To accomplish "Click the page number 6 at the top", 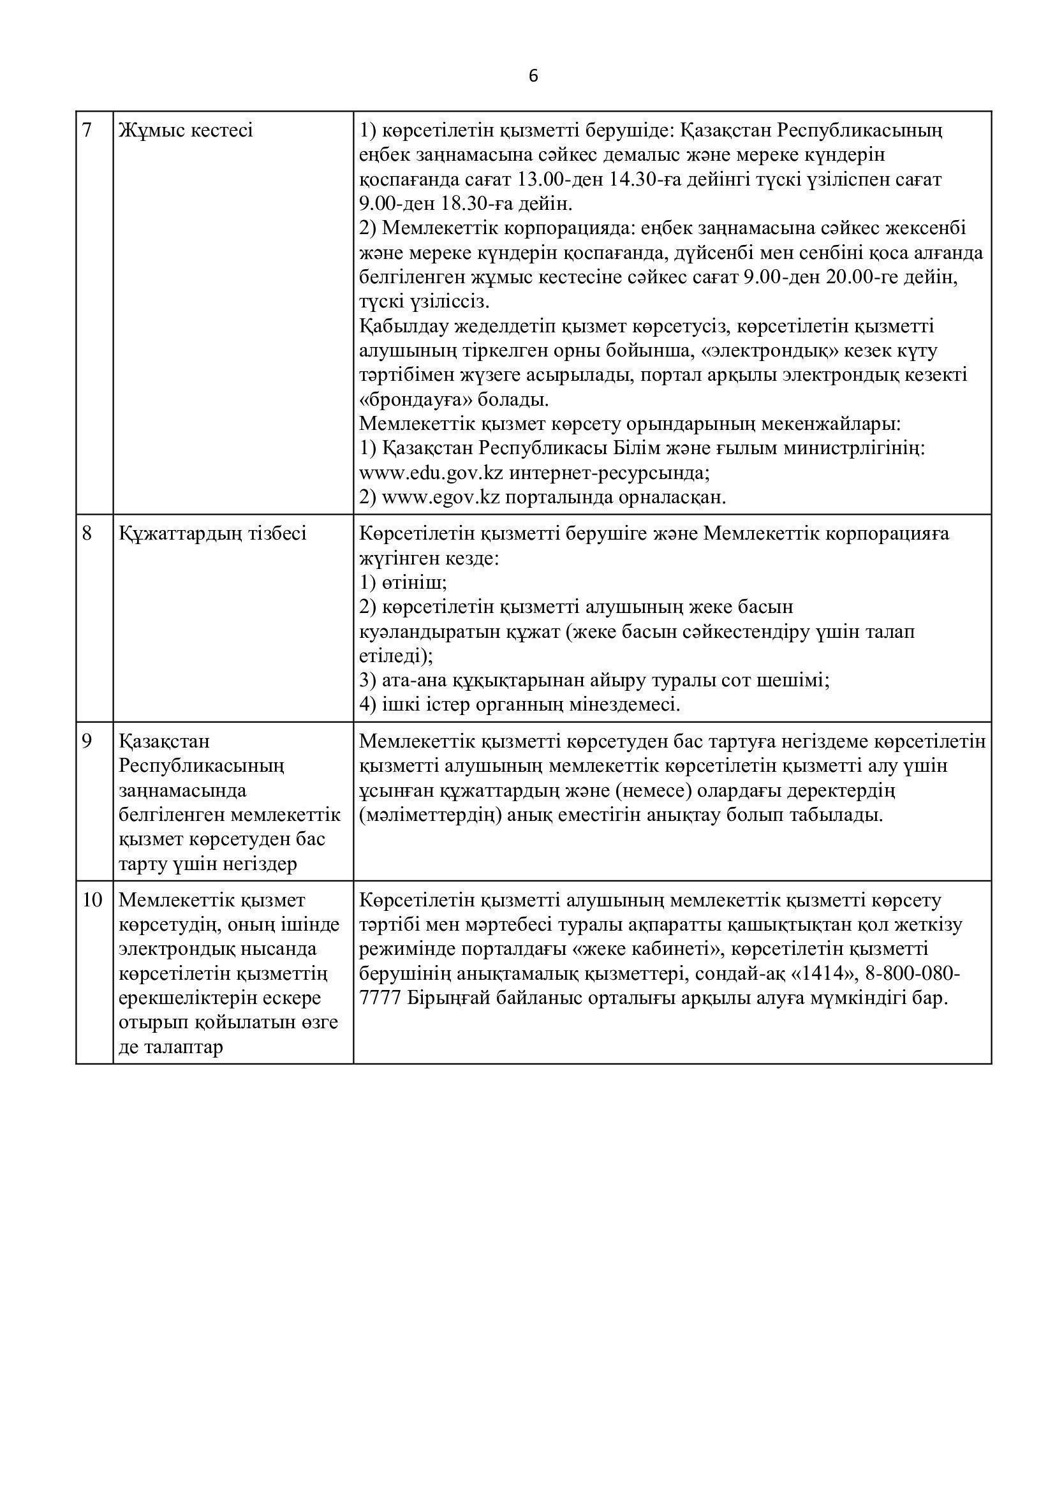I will click(533, 77).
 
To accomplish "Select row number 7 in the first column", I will click(87, 131).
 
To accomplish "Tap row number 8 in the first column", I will click(87, 533).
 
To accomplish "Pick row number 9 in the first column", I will click(87, 741).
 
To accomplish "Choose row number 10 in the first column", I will click(92, 901).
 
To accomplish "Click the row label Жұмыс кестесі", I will click(186, 131).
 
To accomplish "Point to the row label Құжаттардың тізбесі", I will click(212, 533).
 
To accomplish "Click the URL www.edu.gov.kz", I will click(431, 473).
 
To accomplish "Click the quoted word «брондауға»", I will click(420, 400).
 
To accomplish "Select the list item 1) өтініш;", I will click(403, 583).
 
